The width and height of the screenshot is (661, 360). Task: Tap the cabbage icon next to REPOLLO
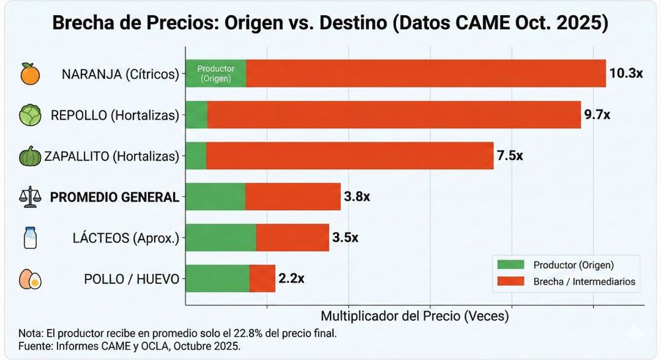tap(30, 115)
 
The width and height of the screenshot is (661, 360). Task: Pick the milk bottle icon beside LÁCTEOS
tap(30, 238)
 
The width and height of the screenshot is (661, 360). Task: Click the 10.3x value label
tap(626, 73)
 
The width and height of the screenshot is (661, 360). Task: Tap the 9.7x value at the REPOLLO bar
tap(597, 114)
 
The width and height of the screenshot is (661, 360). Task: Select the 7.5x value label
tap(510, 156)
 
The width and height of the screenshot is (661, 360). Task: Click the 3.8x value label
tap(357, 196)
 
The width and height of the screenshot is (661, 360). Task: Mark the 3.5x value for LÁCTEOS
tap(345, 237)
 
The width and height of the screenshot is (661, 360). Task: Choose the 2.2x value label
tap(292, 278)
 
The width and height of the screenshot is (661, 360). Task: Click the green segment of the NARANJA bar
tap(216, 73)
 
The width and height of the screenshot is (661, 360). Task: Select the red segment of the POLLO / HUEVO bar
tap(262, 278)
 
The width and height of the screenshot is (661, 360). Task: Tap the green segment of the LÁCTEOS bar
tap(221, 237)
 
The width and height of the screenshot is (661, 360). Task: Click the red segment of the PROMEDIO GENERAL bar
tap(293, 196)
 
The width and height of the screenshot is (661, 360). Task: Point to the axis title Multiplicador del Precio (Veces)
tap(414, 316)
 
